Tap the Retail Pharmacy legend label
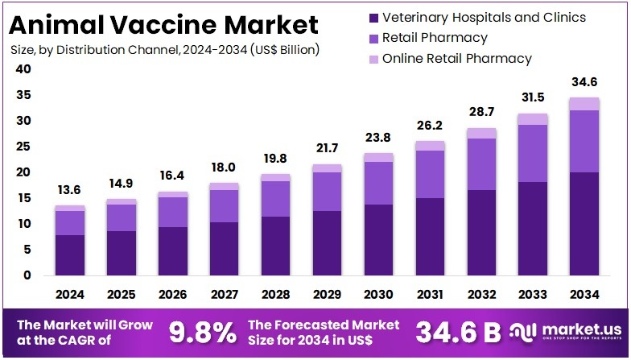tap(435, 37)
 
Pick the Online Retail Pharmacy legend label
tap(456, 58)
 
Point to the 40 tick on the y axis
tap(23, 69)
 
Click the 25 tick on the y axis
tap(23, 147)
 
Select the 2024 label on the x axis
tap(69, 295)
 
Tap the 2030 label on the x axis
tap(378, 295)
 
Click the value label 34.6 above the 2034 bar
tap(584, 82)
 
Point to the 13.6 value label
tap(69, 190)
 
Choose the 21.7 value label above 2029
tap(327, 149)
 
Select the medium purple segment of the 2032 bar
tap(481, 164)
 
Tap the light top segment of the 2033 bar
tap(533, 119)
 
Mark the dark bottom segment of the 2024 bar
tap(69, 255)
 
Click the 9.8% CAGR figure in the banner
tap(202, 331)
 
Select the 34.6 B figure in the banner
tap(458, 331)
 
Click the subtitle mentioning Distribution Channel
tap(165, 50)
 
